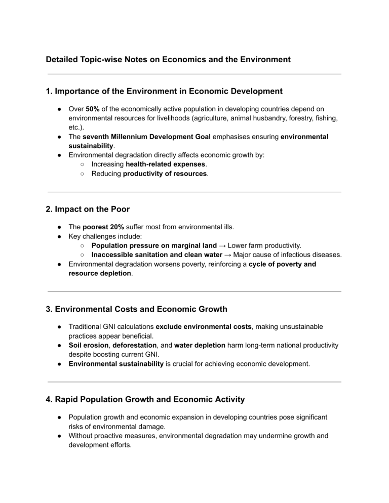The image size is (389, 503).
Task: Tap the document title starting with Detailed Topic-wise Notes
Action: (168, 60)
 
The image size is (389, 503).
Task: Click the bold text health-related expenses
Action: (166, 164)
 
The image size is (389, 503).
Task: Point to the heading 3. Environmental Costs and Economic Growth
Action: (143, 308)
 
